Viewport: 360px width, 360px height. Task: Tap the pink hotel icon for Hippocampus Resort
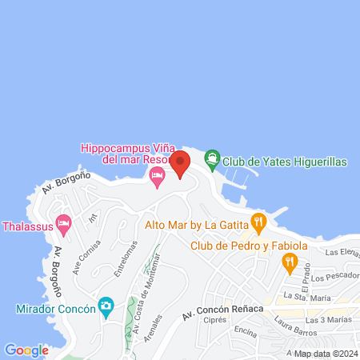[157, 176]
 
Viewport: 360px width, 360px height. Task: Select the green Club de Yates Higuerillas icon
[211, 160]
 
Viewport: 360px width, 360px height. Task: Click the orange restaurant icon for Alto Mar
[258, 222]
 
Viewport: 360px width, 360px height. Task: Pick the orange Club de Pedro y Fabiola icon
[290, 260]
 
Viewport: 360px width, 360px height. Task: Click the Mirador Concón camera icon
[106, 306]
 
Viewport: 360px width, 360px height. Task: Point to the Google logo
[26, 350]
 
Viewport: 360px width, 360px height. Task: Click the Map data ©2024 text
[325, 354]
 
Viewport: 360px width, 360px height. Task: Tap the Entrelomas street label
[120, 258]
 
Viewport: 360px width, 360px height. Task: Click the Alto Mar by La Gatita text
[197, 225]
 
